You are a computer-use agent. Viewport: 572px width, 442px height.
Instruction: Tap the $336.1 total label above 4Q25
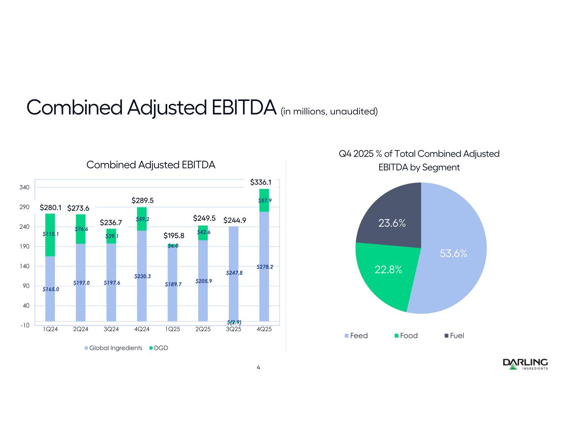click(x=261, y=182)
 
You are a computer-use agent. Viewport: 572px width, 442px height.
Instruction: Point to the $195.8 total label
click(x=174, y=236)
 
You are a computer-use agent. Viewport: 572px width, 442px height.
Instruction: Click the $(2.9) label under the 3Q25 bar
click(x=234, y=322)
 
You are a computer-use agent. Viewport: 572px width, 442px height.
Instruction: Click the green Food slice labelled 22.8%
click(x=388, y=272)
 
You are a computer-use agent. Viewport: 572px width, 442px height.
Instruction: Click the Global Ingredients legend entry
click(x=113, y=348)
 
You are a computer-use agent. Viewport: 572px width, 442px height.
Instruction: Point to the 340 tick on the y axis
click(x=25, y=187)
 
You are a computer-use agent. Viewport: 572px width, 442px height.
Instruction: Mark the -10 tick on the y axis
click(x=25, y=325)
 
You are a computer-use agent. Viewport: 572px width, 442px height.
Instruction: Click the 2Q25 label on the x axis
click(x=203, y=329)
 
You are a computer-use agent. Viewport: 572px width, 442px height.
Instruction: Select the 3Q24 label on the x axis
click(x=111, y=329)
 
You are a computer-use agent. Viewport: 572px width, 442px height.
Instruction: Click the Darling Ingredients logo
click(x=525, y=364)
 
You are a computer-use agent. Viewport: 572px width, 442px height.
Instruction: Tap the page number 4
click(x=259, y=367)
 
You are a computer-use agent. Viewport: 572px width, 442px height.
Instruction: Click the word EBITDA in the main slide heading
click(x=241, y=108)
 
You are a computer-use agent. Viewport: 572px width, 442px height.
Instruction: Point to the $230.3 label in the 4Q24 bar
click(x=142, y=276)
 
